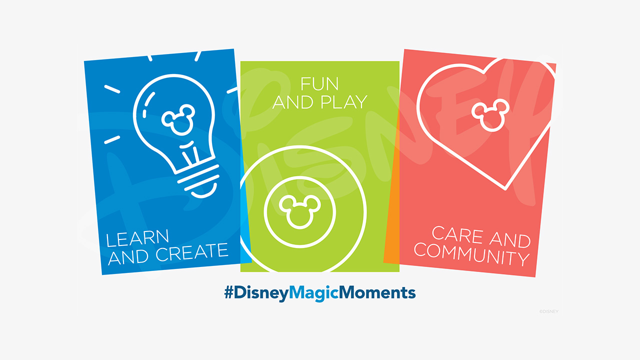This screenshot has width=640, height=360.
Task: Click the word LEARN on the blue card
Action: click(137, 238)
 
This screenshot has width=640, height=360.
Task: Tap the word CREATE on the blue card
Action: click(191, 252)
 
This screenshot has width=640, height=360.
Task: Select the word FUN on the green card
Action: click(319, 83)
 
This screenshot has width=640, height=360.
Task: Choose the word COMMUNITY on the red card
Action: click(471, 254)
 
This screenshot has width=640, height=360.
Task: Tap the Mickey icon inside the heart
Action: click(490, 115)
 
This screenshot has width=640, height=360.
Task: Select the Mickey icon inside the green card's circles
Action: click(299, 211)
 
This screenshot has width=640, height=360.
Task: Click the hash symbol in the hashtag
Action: click(229, 292)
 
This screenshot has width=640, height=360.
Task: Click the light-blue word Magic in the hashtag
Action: click(313, 293)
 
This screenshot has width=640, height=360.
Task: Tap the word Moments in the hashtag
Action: click(377, 292)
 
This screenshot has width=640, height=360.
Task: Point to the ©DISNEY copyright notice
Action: click(548, 311)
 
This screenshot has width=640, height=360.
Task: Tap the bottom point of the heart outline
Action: click(505, 188)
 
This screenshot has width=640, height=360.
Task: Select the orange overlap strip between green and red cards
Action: click(392, 200)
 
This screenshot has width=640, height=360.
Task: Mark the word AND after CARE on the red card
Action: click(510, 240)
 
